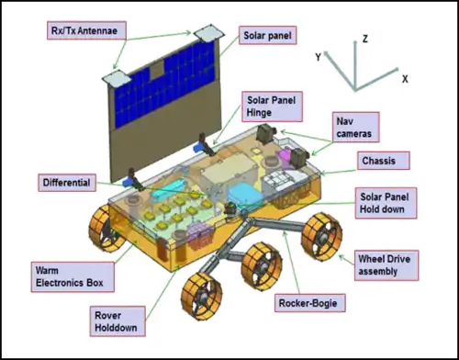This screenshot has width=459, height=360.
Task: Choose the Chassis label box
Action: pyautogui.click(x=376, y=161)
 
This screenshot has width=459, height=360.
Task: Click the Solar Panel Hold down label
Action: pyautogui.click(x=388, y=204)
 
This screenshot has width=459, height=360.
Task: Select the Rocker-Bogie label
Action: pyautogui.click(x=305, y=301)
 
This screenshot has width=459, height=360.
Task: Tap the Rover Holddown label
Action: pyautogui.click(x=118, y=321)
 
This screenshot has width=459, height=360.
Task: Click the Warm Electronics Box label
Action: pyautogui.click(x=63, y=277)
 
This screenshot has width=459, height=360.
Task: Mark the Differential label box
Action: pyautogui.click(x=66, y=183)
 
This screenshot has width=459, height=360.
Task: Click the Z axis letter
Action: pyautogui.click(x=364, y=39)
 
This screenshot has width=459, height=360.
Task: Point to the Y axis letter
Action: pyautogui.click(x=319, y=57)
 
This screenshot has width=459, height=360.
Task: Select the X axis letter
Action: pyautogui.click(x=404, y=79)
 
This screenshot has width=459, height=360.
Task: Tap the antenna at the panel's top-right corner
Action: pyautogui.click(x=211, y=32)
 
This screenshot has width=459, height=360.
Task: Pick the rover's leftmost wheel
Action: pyautogui.click(x=108, y=223)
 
